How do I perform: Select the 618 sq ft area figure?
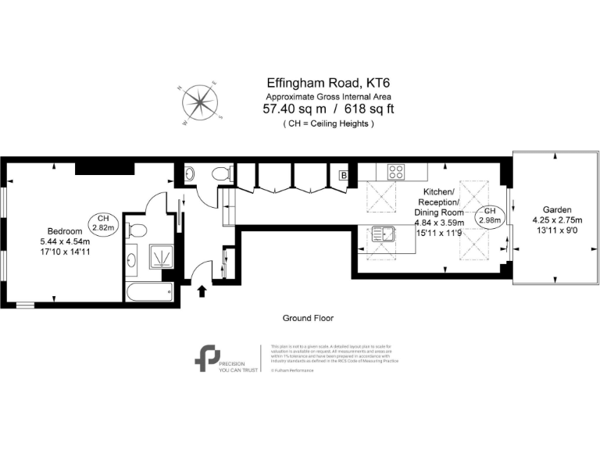coord(367,109)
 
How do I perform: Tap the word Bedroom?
coord(65,231)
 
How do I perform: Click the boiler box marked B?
coord(342,176)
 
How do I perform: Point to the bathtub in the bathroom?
coord(148,291)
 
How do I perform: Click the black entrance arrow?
coord(202,291)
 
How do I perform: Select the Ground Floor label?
coord(308,319)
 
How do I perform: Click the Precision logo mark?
coord(207,357)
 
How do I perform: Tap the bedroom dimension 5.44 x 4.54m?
coord(65,242)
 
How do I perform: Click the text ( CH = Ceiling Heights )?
coord(328,123)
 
